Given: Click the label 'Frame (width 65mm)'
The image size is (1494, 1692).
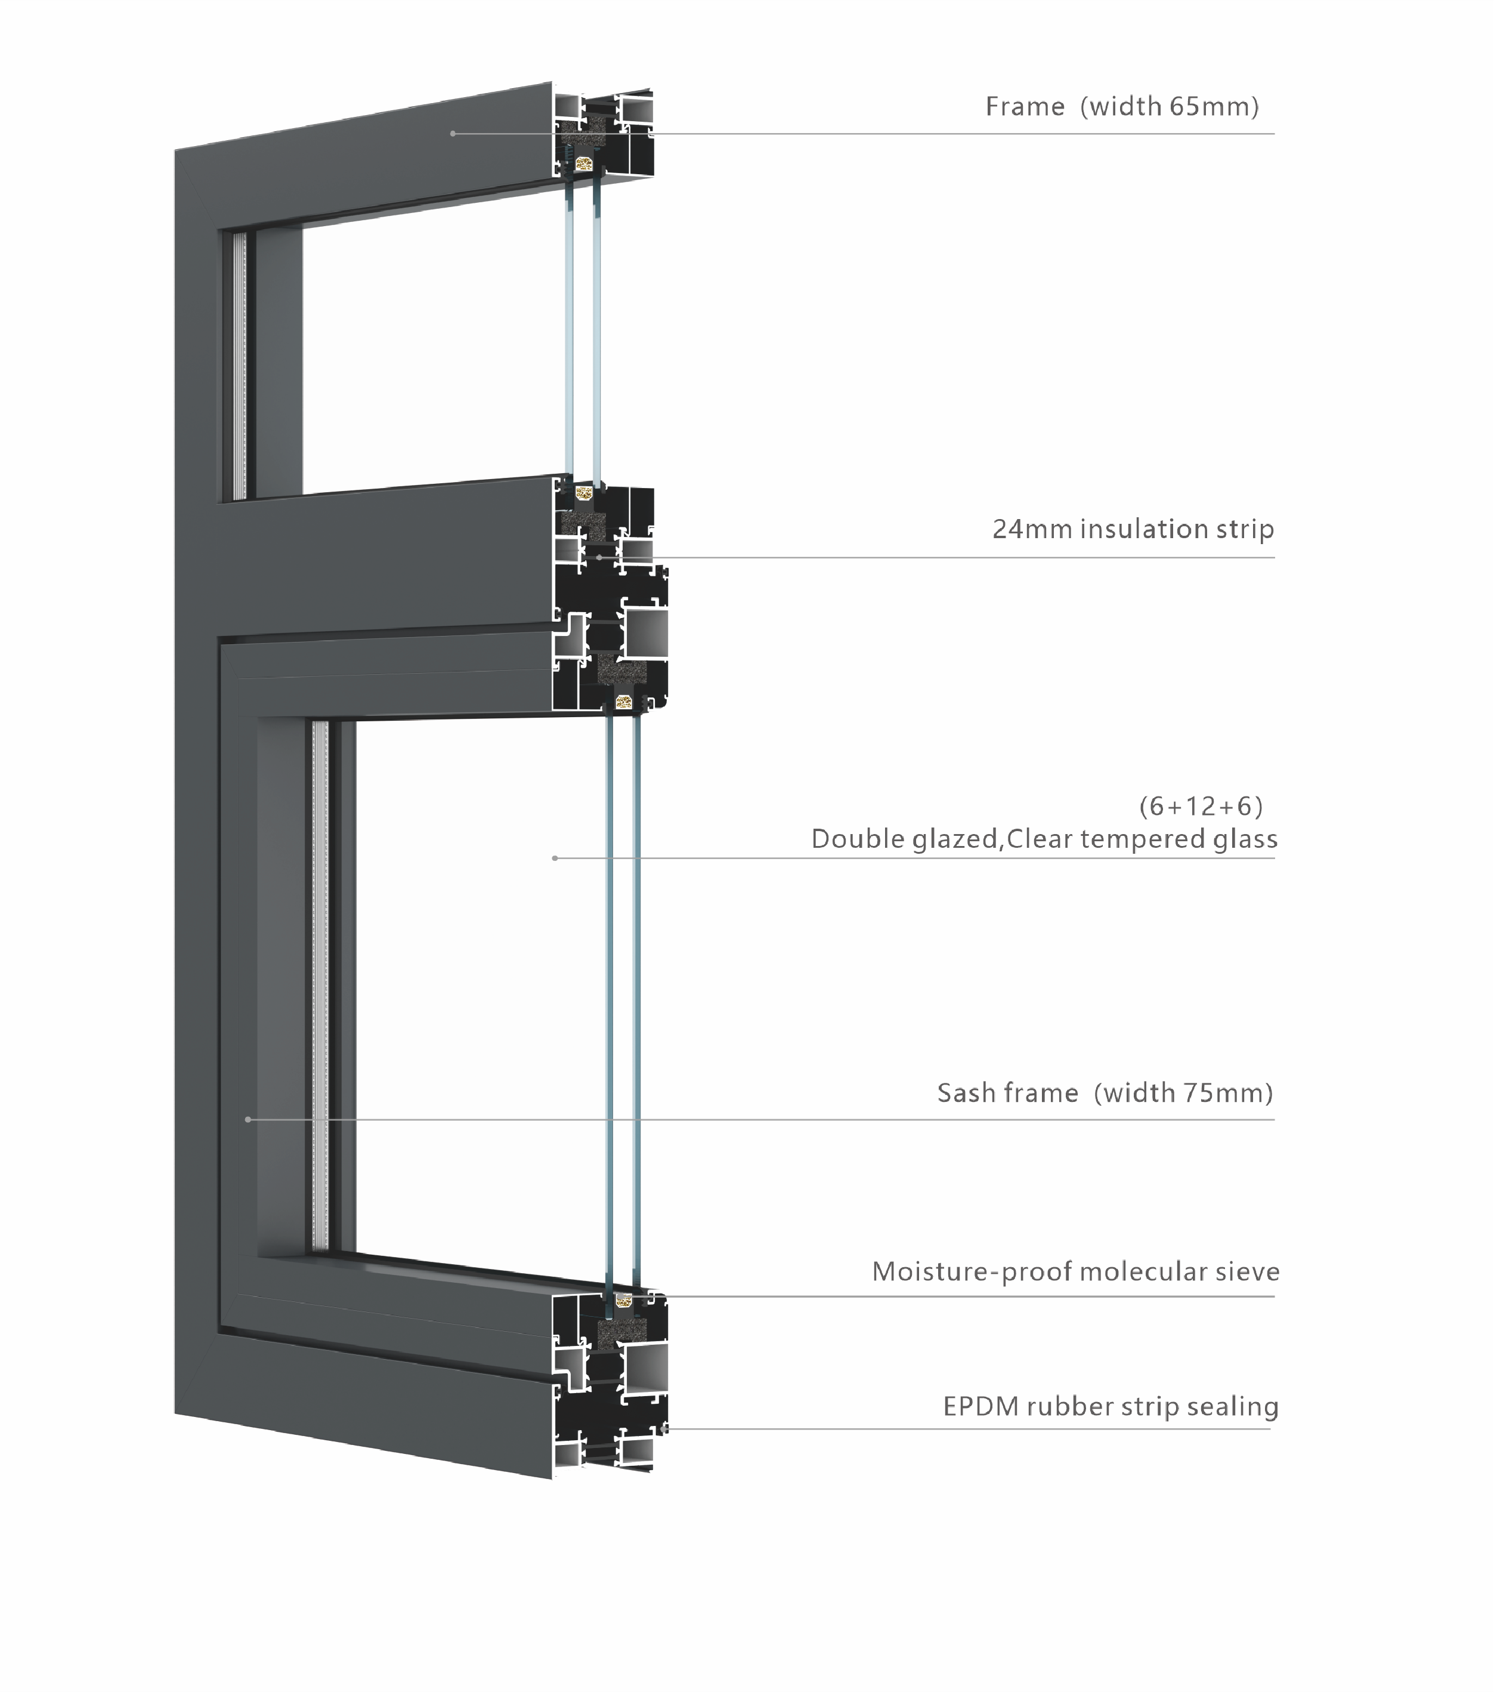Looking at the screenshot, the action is (1121, 106).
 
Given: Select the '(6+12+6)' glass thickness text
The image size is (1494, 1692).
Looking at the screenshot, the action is (1201, 805).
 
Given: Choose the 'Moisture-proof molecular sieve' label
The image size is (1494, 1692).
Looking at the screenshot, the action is (1076, 1271).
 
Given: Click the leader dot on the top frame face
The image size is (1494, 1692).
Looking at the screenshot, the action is (453, 133).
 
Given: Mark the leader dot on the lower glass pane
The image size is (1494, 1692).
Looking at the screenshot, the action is (555, 859).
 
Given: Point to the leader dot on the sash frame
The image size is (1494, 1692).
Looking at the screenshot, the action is (248, 1120).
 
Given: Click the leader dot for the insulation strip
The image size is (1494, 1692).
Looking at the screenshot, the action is (600, 557).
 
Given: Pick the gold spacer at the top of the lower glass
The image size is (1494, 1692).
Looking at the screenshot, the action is (624, 703).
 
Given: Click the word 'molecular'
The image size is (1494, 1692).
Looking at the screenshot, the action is (1125, 1271).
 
